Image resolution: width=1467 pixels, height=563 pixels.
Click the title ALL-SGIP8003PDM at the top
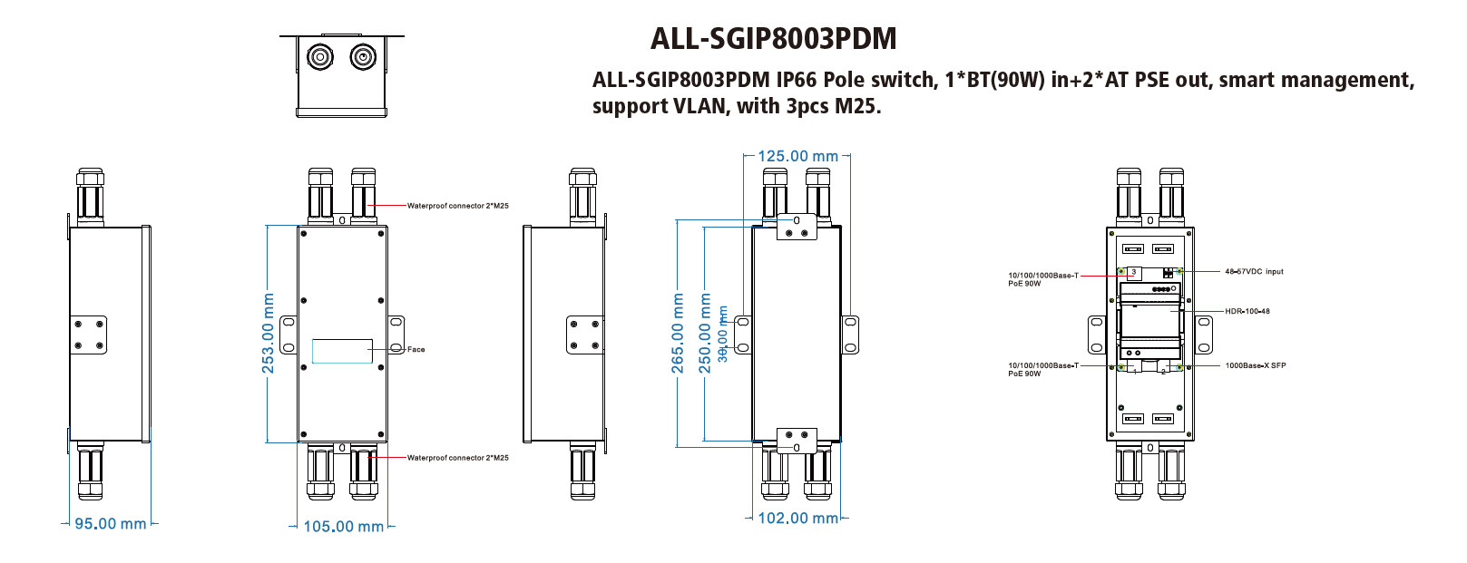(x=773, y=39)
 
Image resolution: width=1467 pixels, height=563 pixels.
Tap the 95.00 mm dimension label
(x=110, y=524)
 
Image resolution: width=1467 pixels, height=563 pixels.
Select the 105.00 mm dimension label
(x=343, y=527)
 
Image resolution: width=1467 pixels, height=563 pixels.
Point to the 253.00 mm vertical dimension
(x=269, y=333)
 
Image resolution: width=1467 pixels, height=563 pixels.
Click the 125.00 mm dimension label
(x=797, y=156)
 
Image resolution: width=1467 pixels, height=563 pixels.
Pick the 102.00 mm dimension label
(x=797, y=519)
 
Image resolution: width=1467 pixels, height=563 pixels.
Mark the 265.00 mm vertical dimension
(x=678, y=333)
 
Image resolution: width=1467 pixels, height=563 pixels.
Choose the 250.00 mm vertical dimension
(x=705, y=333)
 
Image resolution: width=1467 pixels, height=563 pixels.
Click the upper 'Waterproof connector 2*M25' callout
(x=457, y=206)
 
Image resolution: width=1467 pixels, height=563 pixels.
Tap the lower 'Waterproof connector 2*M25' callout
(x=457, y=458)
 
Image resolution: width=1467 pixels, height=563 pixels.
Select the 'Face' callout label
(x=416, y=349)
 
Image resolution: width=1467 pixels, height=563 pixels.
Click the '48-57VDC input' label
(x=1254, y=271)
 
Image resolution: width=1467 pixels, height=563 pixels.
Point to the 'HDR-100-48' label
(x=1247, y=311)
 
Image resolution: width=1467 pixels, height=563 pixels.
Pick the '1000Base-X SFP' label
(x=1256, y=365)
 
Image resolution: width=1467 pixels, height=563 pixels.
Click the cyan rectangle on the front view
(x=342, y=351)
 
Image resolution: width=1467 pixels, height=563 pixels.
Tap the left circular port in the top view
(x=319, y=58)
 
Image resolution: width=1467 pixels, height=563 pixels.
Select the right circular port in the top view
(x=363, y=58)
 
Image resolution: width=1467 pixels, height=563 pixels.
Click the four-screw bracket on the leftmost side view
(x=89, y=335)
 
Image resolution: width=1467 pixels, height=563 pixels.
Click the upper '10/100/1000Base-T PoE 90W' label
(x=1043, y=279)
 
